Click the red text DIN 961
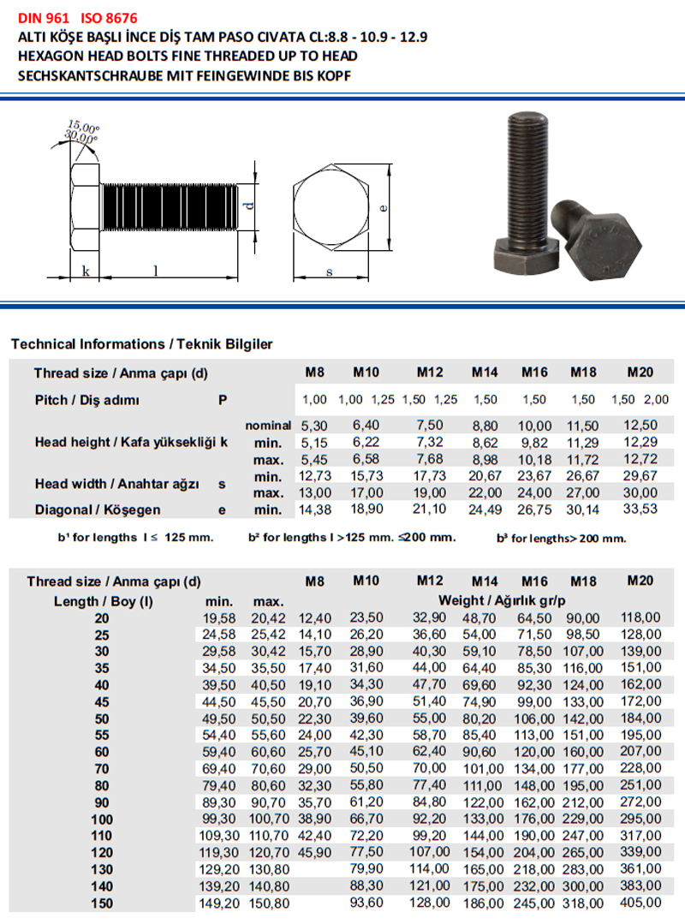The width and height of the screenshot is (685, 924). click(44, 18)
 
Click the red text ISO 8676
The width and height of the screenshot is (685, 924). click(109, 18)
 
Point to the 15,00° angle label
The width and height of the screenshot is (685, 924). click(84, 126)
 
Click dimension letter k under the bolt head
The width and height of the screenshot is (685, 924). click(86, 271)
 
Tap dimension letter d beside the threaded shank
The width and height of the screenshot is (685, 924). click(250, 205)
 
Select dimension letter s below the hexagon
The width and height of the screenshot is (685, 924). click(330, 271)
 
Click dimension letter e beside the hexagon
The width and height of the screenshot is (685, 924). click(384, 207)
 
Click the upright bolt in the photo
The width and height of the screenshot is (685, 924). click(526, 192)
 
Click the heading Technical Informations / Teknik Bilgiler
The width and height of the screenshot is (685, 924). click(142, 344)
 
